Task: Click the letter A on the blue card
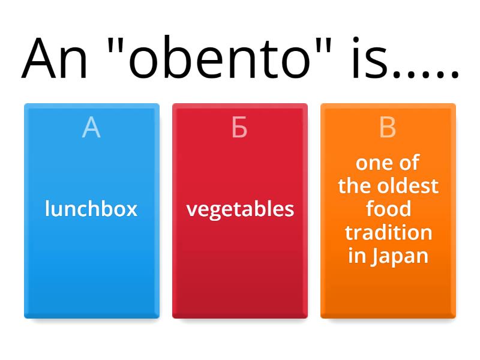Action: (x=91, y=128)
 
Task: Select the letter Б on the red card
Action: (x=239, y=128)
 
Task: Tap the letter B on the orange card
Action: (x=388, y=128)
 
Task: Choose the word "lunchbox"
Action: (x=91, y=209)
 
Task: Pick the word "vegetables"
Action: (x=240, y=209)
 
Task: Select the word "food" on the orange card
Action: (x=388, y=209)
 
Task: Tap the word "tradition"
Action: (x=388, y=232)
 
